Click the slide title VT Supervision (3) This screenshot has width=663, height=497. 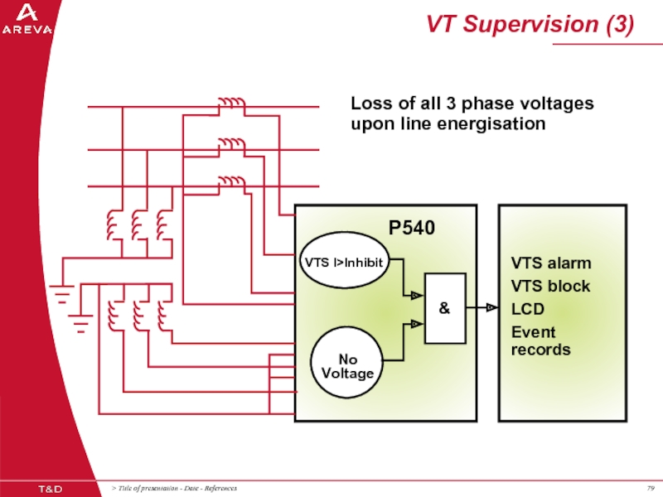[530, 25]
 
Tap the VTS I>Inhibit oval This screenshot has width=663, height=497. [343, 263]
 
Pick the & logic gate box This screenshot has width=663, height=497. [444, 308]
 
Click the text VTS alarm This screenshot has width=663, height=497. [550, 263]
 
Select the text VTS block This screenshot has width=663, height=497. [550, 286]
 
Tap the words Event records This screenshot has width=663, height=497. [540, 340]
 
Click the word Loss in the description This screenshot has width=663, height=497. [370, 104]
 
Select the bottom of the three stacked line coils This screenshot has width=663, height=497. [231, 181]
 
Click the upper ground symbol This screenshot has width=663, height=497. [62, 291]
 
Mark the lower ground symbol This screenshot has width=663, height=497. [80, 322]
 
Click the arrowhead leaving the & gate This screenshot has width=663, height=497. [491, 308]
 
